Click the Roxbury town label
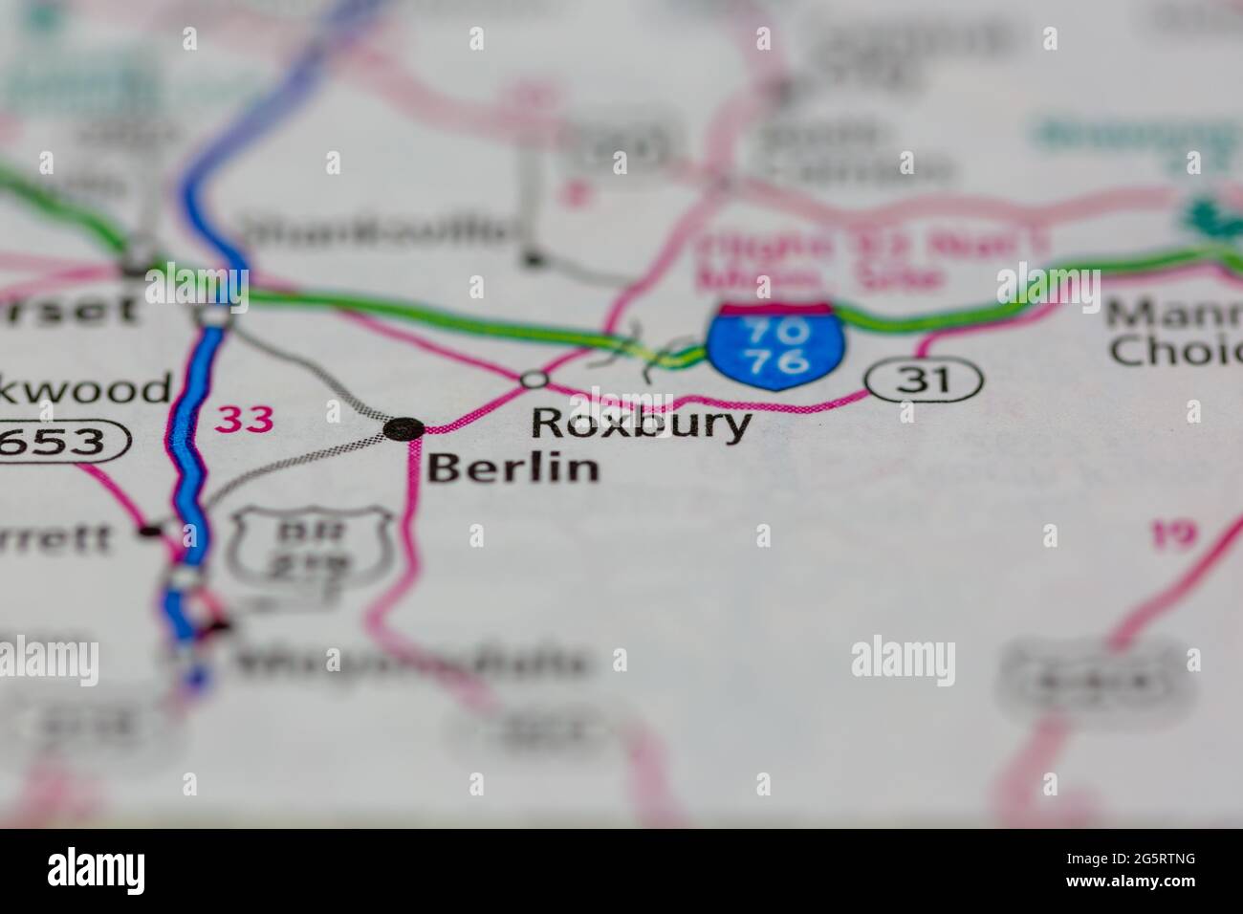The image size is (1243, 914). (x=640, y=424)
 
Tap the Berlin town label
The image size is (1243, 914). (x=513, y=468)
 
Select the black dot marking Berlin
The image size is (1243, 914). (x=404, y=429)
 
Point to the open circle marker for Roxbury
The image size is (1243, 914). (x=534, y=380)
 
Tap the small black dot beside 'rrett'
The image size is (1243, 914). (x=148, y=529)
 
